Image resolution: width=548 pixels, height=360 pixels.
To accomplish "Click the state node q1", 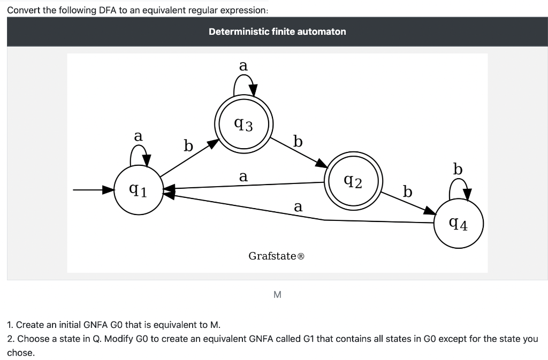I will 138,189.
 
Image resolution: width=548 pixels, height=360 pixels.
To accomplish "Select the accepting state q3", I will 244,125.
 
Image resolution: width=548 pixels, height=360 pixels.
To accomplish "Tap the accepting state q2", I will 353,182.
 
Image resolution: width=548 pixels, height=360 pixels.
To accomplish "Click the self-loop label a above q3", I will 243,66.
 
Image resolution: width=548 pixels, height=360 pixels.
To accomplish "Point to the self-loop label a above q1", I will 138,136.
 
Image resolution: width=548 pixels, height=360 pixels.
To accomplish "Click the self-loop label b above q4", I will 458,170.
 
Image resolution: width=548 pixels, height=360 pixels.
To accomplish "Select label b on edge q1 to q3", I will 187,145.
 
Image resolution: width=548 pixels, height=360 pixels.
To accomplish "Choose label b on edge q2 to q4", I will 408,192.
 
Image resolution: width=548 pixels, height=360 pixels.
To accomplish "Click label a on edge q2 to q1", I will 243,176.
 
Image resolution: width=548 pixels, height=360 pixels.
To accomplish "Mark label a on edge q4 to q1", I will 298,206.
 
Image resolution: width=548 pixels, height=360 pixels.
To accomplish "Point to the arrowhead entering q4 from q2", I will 431,212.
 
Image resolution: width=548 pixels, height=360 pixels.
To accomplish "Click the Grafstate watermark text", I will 277,256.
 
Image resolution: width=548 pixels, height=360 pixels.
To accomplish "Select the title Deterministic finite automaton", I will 277,32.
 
